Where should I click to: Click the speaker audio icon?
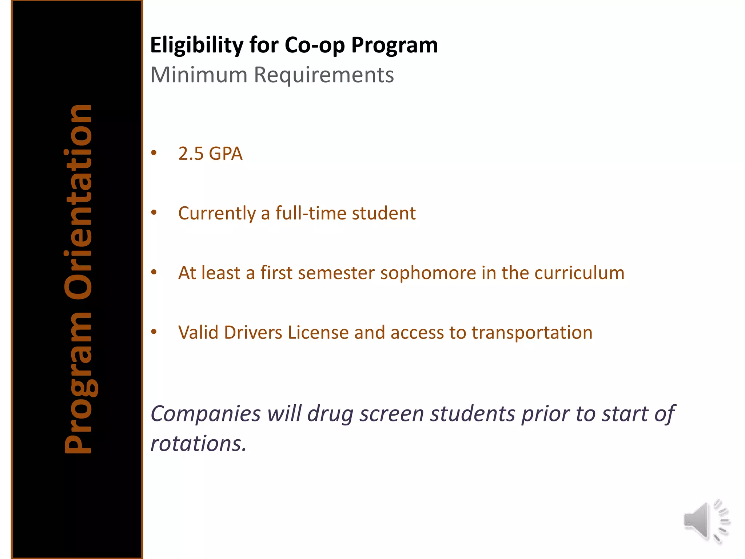[706, 521]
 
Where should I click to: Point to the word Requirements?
[324, 75]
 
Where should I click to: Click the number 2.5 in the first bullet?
[191, 154]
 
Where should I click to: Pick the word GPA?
[226, 154]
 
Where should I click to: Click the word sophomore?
[428, 273]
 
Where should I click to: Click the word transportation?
[532, 333]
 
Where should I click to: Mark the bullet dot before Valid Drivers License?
[154, 332]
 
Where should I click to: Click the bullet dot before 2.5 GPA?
[154, 153]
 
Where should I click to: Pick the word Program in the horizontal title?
[394, 45]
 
